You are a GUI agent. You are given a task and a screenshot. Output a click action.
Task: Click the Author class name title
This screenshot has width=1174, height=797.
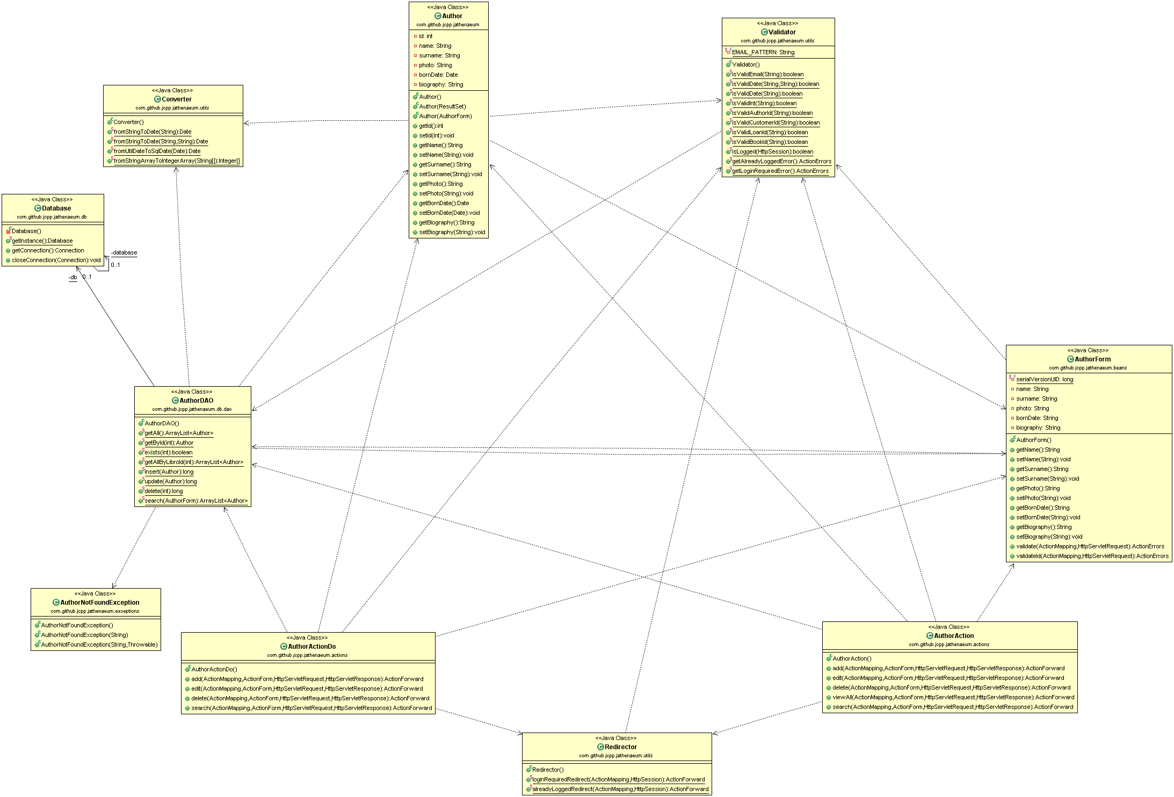coord(452,16)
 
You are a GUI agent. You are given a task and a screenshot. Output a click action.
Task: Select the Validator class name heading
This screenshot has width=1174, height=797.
coord(781,32)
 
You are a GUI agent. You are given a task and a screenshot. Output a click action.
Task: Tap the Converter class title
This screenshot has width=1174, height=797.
coord(176,99)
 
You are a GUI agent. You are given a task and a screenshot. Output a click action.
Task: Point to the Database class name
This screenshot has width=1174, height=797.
coord(56,208)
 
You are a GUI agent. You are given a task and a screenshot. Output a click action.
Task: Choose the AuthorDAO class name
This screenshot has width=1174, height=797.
coord(196,401)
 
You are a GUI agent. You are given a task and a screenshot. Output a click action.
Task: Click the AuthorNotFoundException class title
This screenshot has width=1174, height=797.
coord(99,603)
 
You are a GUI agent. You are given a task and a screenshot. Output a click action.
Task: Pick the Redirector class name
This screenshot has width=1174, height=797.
coord(620,747)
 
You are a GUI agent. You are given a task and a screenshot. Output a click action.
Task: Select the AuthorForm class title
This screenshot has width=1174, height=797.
coord(1092,359)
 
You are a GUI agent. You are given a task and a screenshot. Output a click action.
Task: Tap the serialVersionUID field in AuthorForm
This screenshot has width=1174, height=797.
coord(1044,380)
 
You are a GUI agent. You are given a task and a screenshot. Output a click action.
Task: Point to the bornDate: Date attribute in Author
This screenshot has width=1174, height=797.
coord(438,75)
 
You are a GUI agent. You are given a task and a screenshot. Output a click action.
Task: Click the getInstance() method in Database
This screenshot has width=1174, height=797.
coord(42,241)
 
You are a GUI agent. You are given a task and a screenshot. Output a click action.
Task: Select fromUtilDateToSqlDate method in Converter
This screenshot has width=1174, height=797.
coord(157,151)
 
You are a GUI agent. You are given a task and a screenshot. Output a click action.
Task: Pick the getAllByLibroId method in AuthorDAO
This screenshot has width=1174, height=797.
coord(193,462)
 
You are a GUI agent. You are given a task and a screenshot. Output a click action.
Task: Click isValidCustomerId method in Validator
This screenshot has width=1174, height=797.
coord(776,123)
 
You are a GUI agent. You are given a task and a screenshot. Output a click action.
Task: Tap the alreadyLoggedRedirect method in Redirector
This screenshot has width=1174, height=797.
coord(620,789)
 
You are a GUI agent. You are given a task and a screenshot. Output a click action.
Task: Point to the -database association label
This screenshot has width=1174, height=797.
coord(124,253)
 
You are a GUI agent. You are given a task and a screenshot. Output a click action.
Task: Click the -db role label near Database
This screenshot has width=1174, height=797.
coord(73,278)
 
